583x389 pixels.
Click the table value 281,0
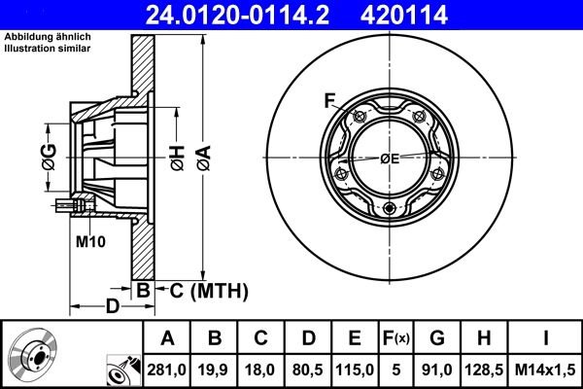click(x=168, y=369)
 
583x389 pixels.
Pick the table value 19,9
click(x=216, y=369)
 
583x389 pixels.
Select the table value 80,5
click(x=309, y=369)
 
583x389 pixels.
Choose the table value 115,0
click(x=356, y=369)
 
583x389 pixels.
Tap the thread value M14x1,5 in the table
click(x=545, y=369)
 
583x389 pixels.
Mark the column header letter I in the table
click(x=545, y=338)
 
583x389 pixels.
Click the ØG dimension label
click(x=49, y=155)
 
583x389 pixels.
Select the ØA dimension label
click(x=202, y=155)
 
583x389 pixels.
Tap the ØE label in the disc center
click(x=390, y=159)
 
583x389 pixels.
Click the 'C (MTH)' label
click(x=210, y=290)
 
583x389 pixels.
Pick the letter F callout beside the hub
click(x=329, y=99)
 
